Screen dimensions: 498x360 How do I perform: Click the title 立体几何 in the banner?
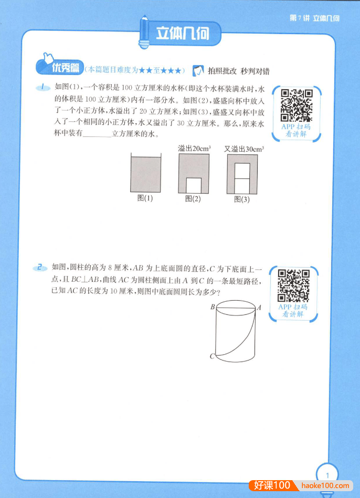[x=182, y=34]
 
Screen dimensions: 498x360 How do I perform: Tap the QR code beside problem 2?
[x=293, y=285]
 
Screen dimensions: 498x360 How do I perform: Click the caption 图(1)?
[x=145, y=198]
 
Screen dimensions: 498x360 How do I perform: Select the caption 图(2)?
[x=193, y=199]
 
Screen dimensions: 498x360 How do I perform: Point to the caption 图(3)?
[x=242, y=199]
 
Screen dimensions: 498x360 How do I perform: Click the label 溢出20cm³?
[x=194, y=149]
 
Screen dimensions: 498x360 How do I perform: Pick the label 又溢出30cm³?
[x=243, y=149]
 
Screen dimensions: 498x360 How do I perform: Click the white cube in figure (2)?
[x=194, y=185]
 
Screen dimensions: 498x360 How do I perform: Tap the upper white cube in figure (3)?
[x=242, y=171]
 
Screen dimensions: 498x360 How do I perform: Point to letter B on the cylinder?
[x=213, y=308]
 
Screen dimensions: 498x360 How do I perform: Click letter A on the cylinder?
[x=259, y=308]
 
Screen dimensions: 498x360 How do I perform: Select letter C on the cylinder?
[x=212, y=357]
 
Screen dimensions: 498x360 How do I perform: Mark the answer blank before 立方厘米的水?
[x=98, y=134]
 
